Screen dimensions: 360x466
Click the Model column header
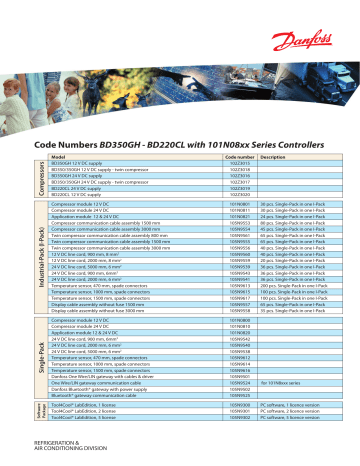[x=58, y=157]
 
